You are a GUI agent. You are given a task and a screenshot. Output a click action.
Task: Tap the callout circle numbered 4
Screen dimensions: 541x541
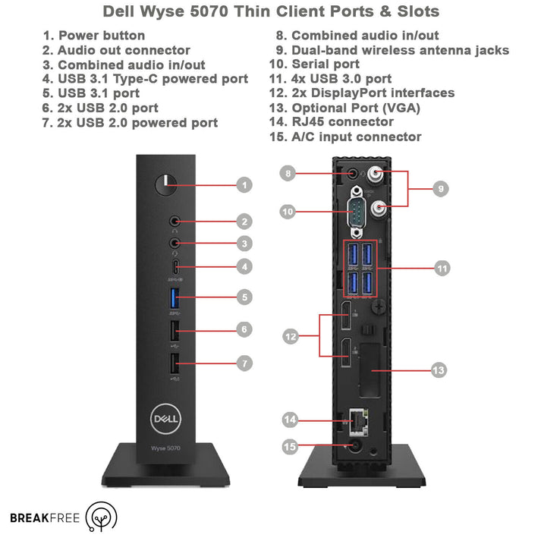point(244,267)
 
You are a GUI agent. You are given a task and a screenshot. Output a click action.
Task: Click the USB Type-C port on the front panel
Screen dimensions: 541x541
point(175,267)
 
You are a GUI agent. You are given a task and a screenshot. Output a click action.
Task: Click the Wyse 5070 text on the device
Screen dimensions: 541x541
point(166,448)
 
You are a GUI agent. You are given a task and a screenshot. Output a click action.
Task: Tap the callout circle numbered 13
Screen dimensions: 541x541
point(439,370)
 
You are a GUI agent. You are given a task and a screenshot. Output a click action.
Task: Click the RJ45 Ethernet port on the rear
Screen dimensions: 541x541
point(356,419)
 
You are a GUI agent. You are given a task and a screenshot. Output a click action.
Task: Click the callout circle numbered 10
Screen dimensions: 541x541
point(288,212)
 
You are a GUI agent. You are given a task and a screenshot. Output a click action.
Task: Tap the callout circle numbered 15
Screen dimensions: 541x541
point(289,447)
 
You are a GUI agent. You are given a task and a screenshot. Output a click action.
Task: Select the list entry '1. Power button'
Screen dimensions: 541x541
point(94,36)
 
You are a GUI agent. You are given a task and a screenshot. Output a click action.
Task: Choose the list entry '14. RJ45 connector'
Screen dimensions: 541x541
point(331,122)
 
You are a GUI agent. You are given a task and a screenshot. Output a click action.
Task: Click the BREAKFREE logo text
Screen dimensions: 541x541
point(42,518)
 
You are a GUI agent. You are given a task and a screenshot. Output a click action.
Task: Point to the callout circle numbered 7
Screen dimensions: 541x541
point(244,363)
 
